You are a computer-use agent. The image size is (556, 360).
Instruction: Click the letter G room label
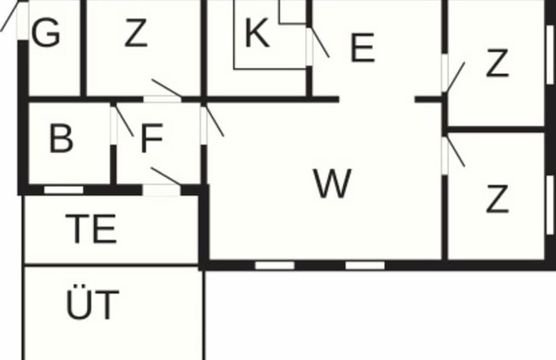45,32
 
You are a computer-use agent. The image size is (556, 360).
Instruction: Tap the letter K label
257,33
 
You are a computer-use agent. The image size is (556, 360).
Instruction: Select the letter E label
363,48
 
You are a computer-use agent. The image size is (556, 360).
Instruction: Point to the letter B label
62,139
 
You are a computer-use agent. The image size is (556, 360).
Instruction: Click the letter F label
151,139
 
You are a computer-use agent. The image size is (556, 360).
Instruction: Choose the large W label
332,184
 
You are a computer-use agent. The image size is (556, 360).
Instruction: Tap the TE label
92,228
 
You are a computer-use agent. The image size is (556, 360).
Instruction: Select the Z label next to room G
136,33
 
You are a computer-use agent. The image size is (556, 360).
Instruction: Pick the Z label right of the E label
498,62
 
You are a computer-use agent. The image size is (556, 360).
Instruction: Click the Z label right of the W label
497,199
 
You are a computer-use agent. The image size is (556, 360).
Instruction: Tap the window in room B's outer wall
63,190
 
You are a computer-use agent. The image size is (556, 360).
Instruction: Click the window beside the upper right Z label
550,55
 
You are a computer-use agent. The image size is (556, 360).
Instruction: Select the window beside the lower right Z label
550,205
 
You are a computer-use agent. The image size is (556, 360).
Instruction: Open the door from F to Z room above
163,91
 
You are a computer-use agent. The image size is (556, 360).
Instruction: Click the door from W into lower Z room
453,155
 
